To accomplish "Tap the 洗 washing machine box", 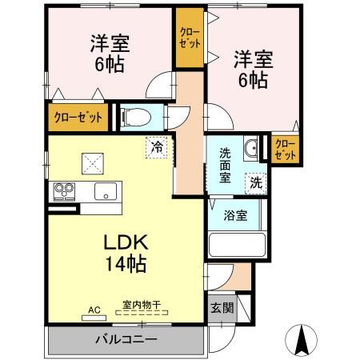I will coord(254,181).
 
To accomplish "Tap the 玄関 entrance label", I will coord(222,308).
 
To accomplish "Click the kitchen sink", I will coord(105,191).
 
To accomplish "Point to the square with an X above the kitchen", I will coord(90,162).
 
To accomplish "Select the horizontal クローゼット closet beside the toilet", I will coord(78,118).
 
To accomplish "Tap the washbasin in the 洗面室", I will coord(250,147).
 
